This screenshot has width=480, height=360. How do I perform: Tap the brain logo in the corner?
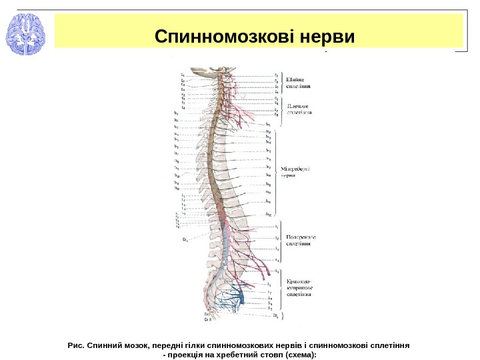(x=25, y=35)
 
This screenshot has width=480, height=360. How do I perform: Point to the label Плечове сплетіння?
(x=299, y=109)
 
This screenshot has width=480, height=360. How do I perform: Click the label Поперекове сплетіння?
(x=301, y=240)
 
